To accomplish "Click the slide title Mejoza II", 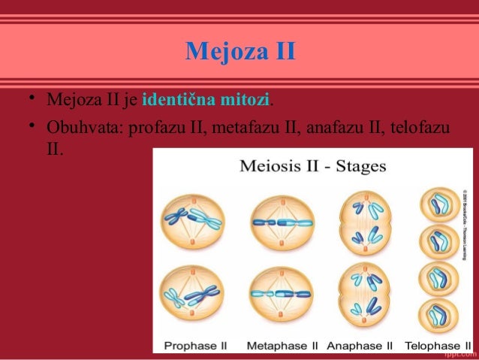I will coord(240,53).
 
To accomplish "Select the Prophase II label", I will coord(195,346).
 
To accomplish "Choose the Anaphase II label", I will coord(360,346).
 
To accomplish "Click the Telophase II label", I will coord(436,346).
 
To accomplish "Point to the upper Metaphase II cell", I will coord(276,221).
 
